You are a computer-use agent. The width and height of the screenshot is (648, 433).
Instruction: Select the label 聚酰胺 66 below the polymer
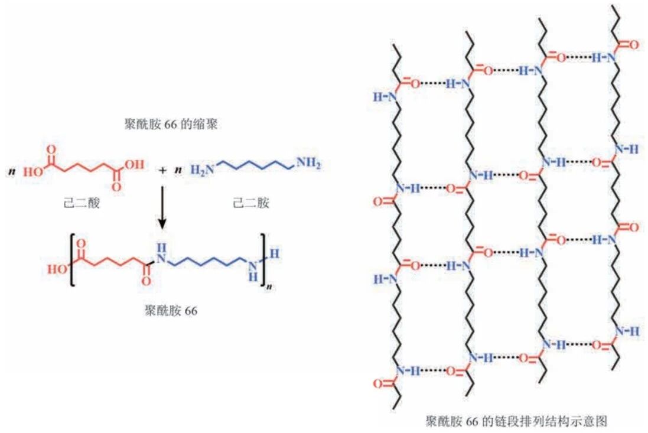click(x=170, y=310)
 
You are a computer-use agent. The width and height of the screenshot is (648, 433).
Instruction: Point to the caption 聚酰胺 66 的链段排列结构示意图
click(x=516, y=421)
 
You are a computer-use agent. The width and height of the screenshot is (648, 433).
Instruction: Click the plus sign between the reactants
click(x=162, y=170)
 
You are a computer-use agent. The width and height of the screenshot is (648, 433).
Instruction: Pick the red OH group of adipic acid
click(x=135, y=165)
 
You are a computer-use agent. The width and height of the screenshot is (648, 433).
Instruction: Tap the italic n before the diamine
click(x=177, y=171)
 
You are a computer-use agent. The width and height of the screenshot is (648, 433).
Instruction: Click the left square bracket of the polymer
click(x=71, y=261)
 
